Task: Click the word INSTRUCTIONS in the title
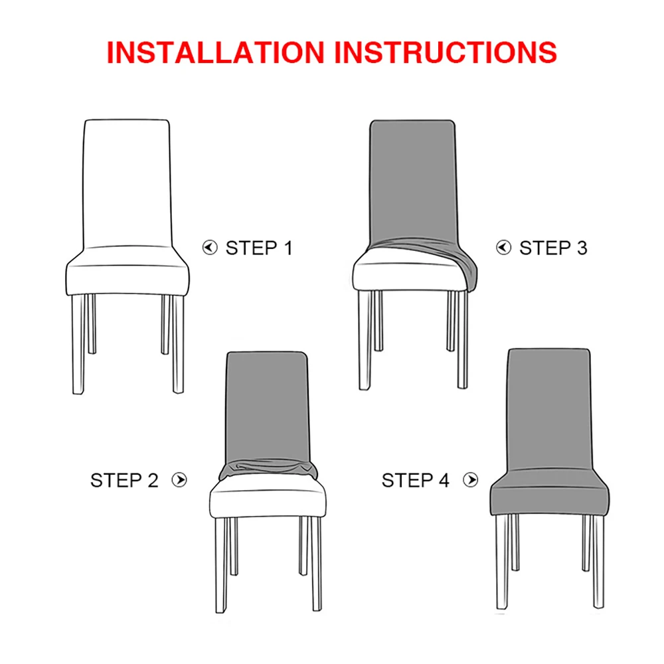coord(446,52)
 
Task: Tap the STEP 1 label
coord(259,248)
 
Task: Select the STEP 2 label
coord(125,480)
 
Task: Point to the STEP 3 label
coord(553,248)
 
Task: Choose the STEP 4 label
coord(416,480)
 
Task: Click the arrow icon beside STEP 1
coord(210,248)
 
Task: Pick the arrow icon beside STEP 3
coord(504,248)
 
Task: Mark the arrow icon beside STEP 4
coord(471,480)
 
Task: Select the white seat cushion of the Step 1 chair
coord(127,276)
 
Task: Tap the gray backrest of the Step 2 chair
coord(268,405)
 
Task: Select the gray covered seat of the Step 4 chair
coord(549,495)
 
